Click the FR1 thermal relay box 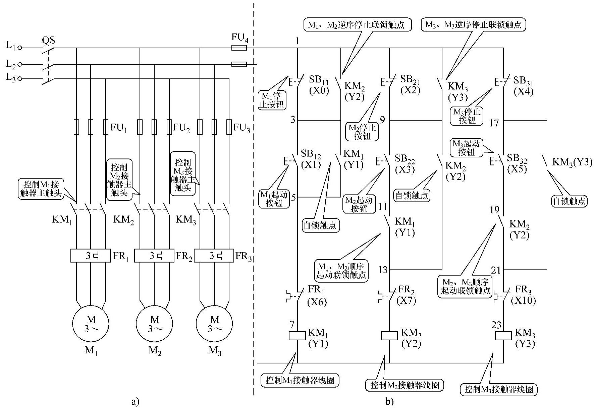click(91, 256)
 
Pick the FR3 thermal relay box click(214, 256)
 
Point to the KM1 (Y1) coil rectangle click(297, 335)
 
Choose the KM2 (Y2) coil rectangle click(389, 335)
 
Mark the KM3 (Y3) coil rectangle click(503, 335)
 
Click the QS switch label click(48, 41)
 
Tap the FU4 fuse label click(240, 38)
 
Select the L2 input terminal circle click(20, 64)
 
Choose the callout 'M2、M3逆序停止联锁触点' click(473, 25)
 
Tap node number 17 click(494, 123)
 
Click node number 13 click(383, 270)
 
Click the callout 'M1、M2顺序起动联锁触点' click(341, 271)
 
